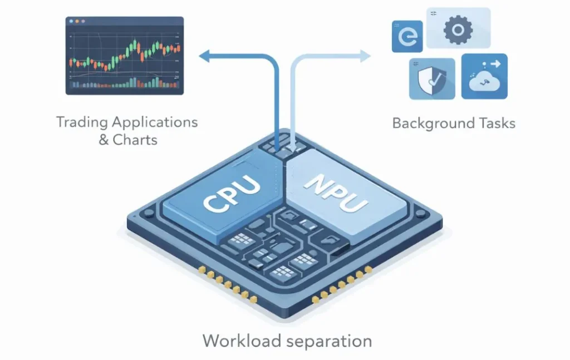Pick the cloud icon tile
pyautogui.click(x=484, y=77)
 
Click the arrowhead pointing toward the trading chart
pyautogui.click(x=205, y=55)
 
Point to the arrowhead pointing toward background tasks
pyautogui.click(x=365, y=55)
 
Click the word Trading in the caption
pyautogui.click(x=82, y=122)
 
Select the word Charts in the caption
pyautogui.click(x=135, y=140)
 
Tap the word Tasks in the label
pyautogui.click(x=497, y=123)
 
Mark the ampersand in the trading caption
pyautogui.click(x=104, y=140)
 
